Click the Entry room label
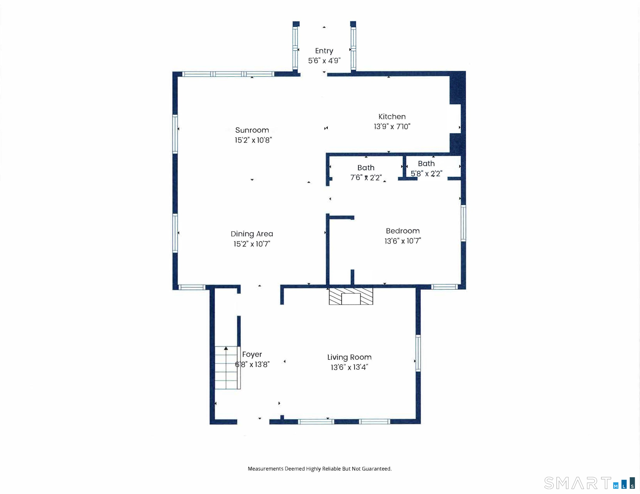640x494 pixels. pyautogui.click(x=324, y=51)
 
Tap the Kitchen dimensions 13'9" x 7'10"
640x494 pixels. pyautogui.click(x=392, y=127)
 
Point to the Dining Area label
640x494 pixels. pyautogui.click(x=252, y=234)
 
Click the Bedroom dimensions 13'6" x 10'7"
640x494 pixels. pyautogui.click(x=403, y=241)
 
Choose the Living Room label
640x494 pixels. pyautogui.click(x=349, y=357)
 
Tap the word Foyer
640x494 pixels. pyautogui.click(x=252, y=355)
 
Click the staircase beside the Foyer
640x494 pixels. pyautogui.click(x=228, y=368)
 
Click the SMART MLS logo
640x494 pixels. pyautogui.click(x=589, y=483)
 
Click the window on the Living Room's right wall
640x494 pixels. pyautogui.click(x=418, y=353)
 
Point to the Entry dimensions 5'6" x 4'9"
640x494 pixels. pyautogui.click(x=324, y=61)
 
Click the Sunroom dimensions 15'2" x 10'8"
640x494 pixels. pyautogui.click(x=253, y=140)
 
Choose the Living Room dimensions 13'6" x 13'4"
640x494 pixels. pyautogui.click(x=349, y=367)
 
